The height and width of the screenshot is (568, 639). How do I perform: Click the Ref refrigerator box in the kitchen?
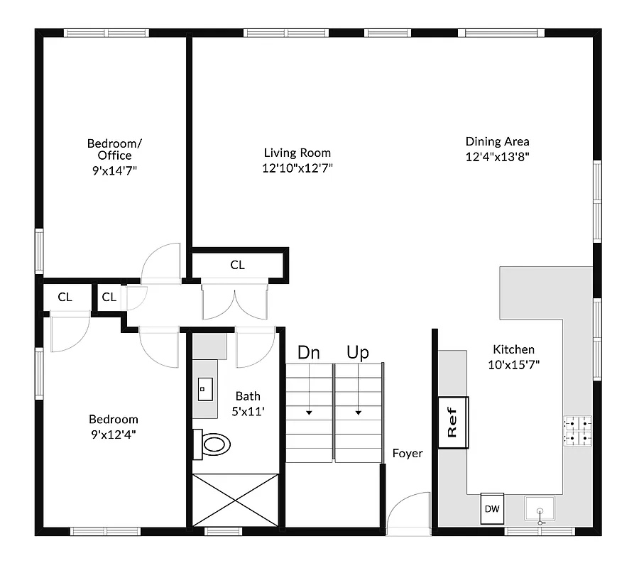[452, 422]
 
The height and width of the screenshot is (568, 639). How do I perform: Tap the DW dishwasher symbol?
[491, 508]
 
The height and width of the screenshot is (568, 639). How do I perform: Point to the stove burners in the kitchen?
[577, 430]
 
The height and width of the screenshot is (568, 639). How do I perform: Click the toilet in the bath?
[214, 445]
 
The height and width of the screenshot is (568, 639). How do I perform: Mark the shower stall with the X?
[235, 499]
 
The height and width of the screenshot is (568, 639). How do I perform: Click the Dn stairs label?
[308, 353]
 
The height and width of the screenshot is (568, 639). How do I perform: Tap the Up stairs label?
[357, 353]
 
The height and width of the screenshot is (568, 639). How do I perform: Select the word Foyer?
[408, 453]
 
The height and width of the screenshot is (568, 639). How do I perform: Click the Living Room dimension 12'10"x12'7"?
[297, 168]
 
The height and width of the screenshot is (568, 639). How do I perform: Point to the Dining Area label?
[497, 141]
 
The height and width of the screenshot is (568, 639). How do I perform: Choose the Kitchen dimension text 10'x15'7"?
[513, 365]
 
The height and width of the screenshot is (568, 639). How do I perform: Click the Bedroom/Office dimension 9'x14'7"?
[109, 170]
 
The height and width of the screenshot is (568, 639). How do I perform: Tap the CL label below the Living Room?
[237, 265]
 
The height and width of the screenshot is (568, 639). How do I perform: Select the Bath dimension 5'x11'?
[248, 412]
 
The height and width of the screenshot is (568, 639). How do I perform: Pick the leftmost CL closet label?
[65, 297]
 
